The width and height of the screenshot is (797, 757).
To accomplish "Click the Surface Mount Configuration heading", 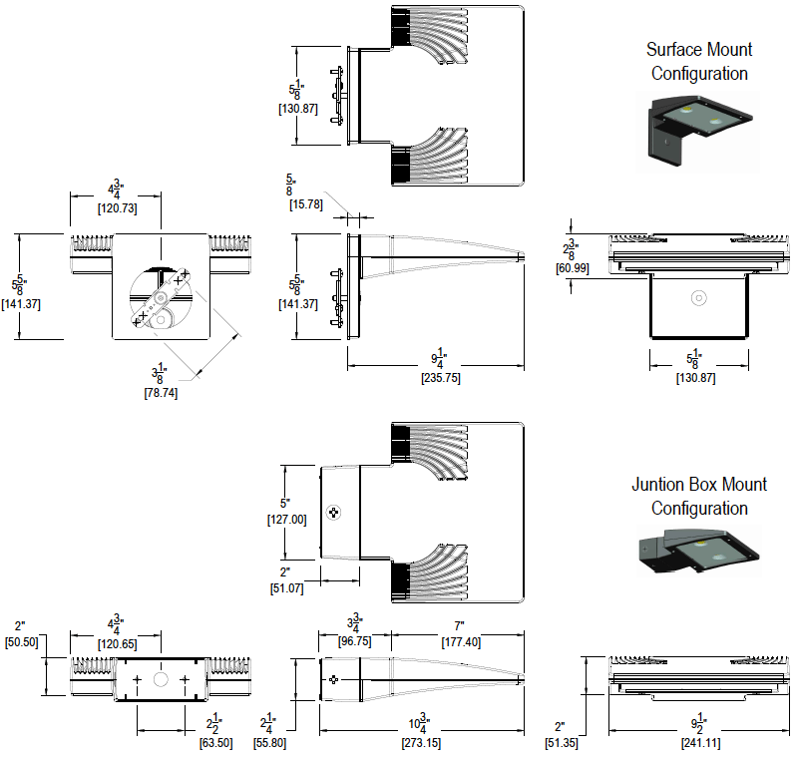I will [x=699, y=61].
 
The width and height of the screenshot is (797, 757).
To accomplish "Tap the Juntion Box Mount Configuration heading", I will [x=699, y=496].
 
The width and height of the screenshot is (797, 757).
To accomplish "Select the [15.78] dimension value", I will [x=304, y=204].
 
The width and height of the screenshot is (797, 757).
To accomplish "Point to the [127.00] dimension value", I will [x=286, y=519].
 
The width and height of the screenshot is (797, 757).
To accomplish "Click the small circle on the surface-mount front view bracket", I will [x=699, y=298].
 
